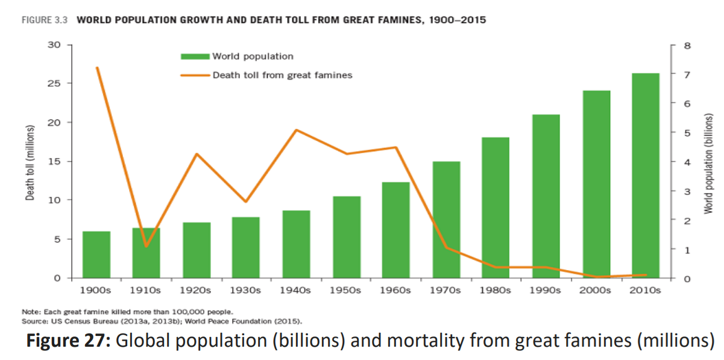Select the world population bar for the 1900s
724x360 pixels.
pyautogui.click(x=96, y=254)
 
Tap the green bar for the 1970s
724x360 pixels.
pyautogui.click(x=446, y=219)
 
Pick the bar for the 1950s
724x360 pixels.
pyautogui.click(x=346, y=236)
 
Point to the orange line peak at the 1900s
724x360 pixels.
pyautogui.click(x=97, y=68)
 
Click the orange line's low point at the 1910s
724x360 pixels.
pyautogui.click(x=146, y=246)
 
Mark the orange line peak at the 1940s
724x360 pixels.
pyautogui.click(x=297, y=130)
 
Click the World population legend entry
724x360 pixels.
pyautogui.click(x=252, y=56)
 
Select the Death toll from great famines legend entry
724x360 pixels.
pyautogui.click(x=282, y=75)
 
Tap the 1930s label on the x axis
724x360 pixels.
pyautogui.click(x=246, y=290)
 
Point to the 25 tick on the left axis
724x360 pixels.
pyautogui.click(x=54, y=83)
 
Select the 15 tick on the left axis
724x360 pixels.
pyautogui.click(x=54, y=161)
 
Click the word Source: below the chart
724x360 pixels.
pyautogui.click(x=34, y=321)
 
